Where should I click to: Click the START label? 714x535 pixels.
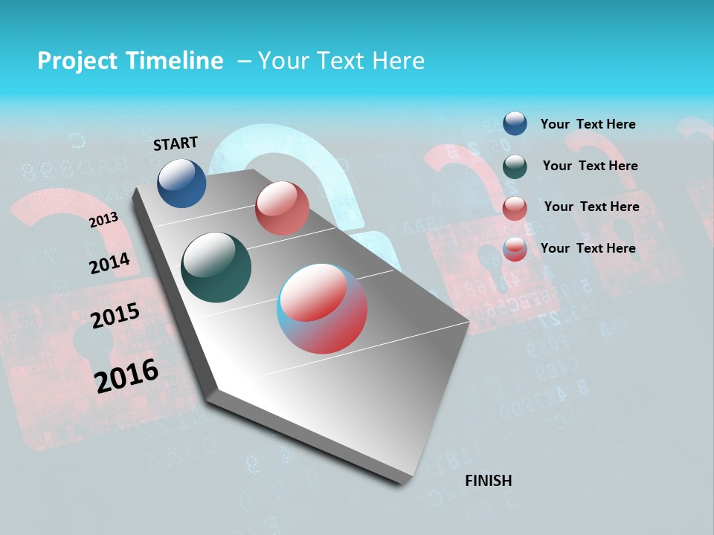[x=176, y=143]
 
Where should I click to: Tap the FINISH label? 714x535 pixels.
[x=488, y=481]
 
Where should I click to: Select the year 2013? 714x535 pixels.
[x=103, y=220]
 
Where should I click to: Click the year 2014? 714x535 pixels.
[x=109, y=263]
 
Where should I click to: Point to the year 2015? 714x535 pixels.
[x=115, y=316]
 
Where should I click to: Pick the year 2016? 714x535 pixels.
[x=126, y=376]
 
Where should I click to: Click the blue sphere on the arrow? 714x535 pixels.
[x=181, y=183]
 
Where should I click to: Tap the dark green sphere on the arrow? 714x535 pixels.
[x=216, y=267]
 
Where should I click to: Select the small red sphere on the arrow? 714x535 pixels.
[x=282, y=208]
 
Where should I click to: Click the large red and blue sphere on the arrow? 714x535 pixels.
[x=322, y=308]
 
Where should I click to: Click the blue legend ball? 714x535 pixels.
[x=515, y=124]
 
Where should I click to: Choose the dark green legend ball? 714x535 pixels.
[x=515, y=166]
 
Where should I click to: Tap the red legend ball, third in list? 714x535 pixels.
[x=515, y=208]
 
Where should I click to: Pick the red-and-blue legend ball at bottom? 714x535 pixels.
[x=515, y=250]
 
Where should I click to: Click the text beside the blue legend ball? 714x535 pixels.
[x=588, y=124]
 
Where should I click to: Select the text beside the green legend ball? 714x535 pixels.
[x=590, y=166]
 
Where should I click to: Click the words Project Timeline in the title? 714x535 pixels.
[x=130, y=61]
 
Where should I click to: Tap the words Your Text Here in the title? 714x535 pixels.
[x=341, y=61]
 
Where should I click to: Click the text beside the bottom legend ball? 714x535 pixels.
[x=588, y=248]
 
